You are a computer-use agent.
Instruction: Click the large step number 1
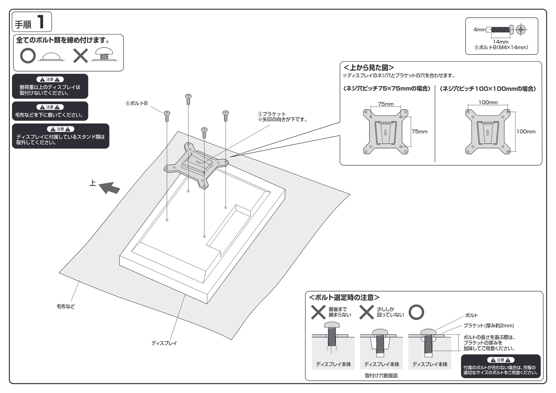pyautogui.click(x=41, y=22)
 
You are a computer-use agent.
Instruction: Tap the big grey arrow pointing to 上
pyautogui.click(x=110, y=188)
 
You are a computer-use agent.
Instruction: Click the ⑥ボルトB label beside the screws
pyautogui.click(x=136, y=103)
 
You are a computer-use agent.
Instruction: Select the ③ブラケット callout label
pyautogui.click(x=272, y=114)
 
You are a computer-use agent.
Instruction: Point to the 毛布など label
pyautogui.click(x=66, y=306)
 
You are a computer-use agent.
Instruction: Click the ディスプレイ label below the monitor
pyautogui.click(x=164, y=343)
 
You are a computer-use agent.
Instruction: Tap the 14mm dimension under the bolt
pyautogui.click(x=500, y=42)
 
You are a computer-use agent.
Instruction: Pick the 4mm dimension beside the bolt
pyautogui.click(x=480, y=29)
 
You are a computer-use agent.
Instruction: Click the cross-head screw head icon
pyautogui.click(x=521, y=29)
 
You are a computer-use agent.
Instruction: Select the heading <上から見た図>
pyautogui.click(x=369, y=68)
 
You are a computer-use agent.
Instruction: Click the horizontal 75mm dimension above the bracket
pyautogui.click(x=386, y=104)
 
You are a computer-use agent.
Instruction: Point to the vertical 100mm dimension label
pyautogui.click(x=526, y=131)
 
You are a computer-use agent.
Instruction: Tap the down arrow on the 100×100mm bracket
pyautogui.click(x=488, y=133)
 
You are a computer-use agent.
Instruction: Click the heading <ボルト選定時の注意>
pyautogui.click(x=344, y=298)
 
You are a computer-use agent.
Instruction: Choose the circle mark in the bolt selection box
pyautogui.click(x=416, y=312)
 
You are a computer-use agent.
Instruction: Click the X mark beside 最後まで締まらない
pyautogui.click(x=318, y=312)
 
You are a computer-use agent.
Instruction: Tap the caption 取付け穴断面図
pyautogui.click(x=381, y=376)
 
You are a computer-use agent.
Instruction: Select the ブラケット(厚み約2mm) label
pyautogui.click(x=488, y=325)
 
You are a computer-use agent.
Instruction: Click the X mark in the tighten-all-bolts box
pyautogui.click(x=80, y=56)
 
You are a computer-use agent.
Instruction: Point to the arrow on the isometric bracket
pyautogui.click(x=198, y=162)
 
